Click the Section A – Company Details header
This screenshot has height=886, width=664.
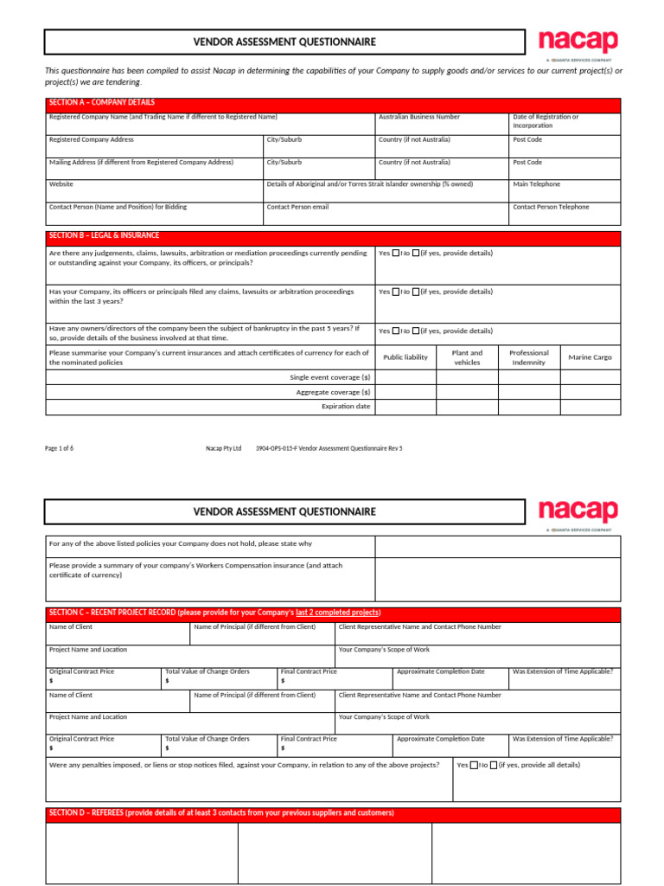[x=102, y=102]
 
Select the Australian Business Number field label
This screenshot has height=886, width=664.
[x=419, y=117]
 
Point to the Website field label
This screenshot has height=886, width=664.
[x=61, y=184]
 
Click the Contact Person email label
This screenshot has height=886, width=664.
[x=297, y=207]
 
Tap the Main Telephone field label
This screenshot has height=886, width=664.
[x=536, y=184]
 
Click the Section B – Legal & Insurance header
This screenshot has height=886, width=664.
[x=104, y=235]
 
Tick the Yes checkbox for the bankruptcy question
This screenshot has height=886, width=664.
[x=396, y=331]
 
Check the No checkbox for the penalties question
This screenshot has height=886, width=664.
[x=493, y=765]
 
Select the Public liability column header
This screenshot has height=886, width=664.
[x=405, y=357]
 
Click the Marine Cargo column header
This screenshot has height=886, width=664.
[x=590, y=357]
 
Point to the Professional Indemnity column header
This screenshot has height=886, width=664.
[x=529, y=357]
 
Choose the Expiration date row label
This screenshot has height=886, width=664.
[x=346, y=406]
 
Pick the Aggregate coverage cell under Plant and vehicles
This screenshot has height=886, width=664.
[x=467, y=392]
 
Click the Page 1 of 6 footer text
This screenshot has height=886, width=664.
[x=59, y=448]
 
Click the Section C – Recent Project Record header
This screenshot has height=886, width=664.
[x=214, y=613]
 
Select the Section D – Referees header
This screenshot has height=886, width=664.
[x=221, y=813]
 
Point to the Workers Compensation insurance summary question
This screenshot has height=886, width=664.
[x=195, y=569]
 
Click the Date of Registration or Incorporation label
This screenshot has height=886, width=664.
[x=546, y=121]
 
